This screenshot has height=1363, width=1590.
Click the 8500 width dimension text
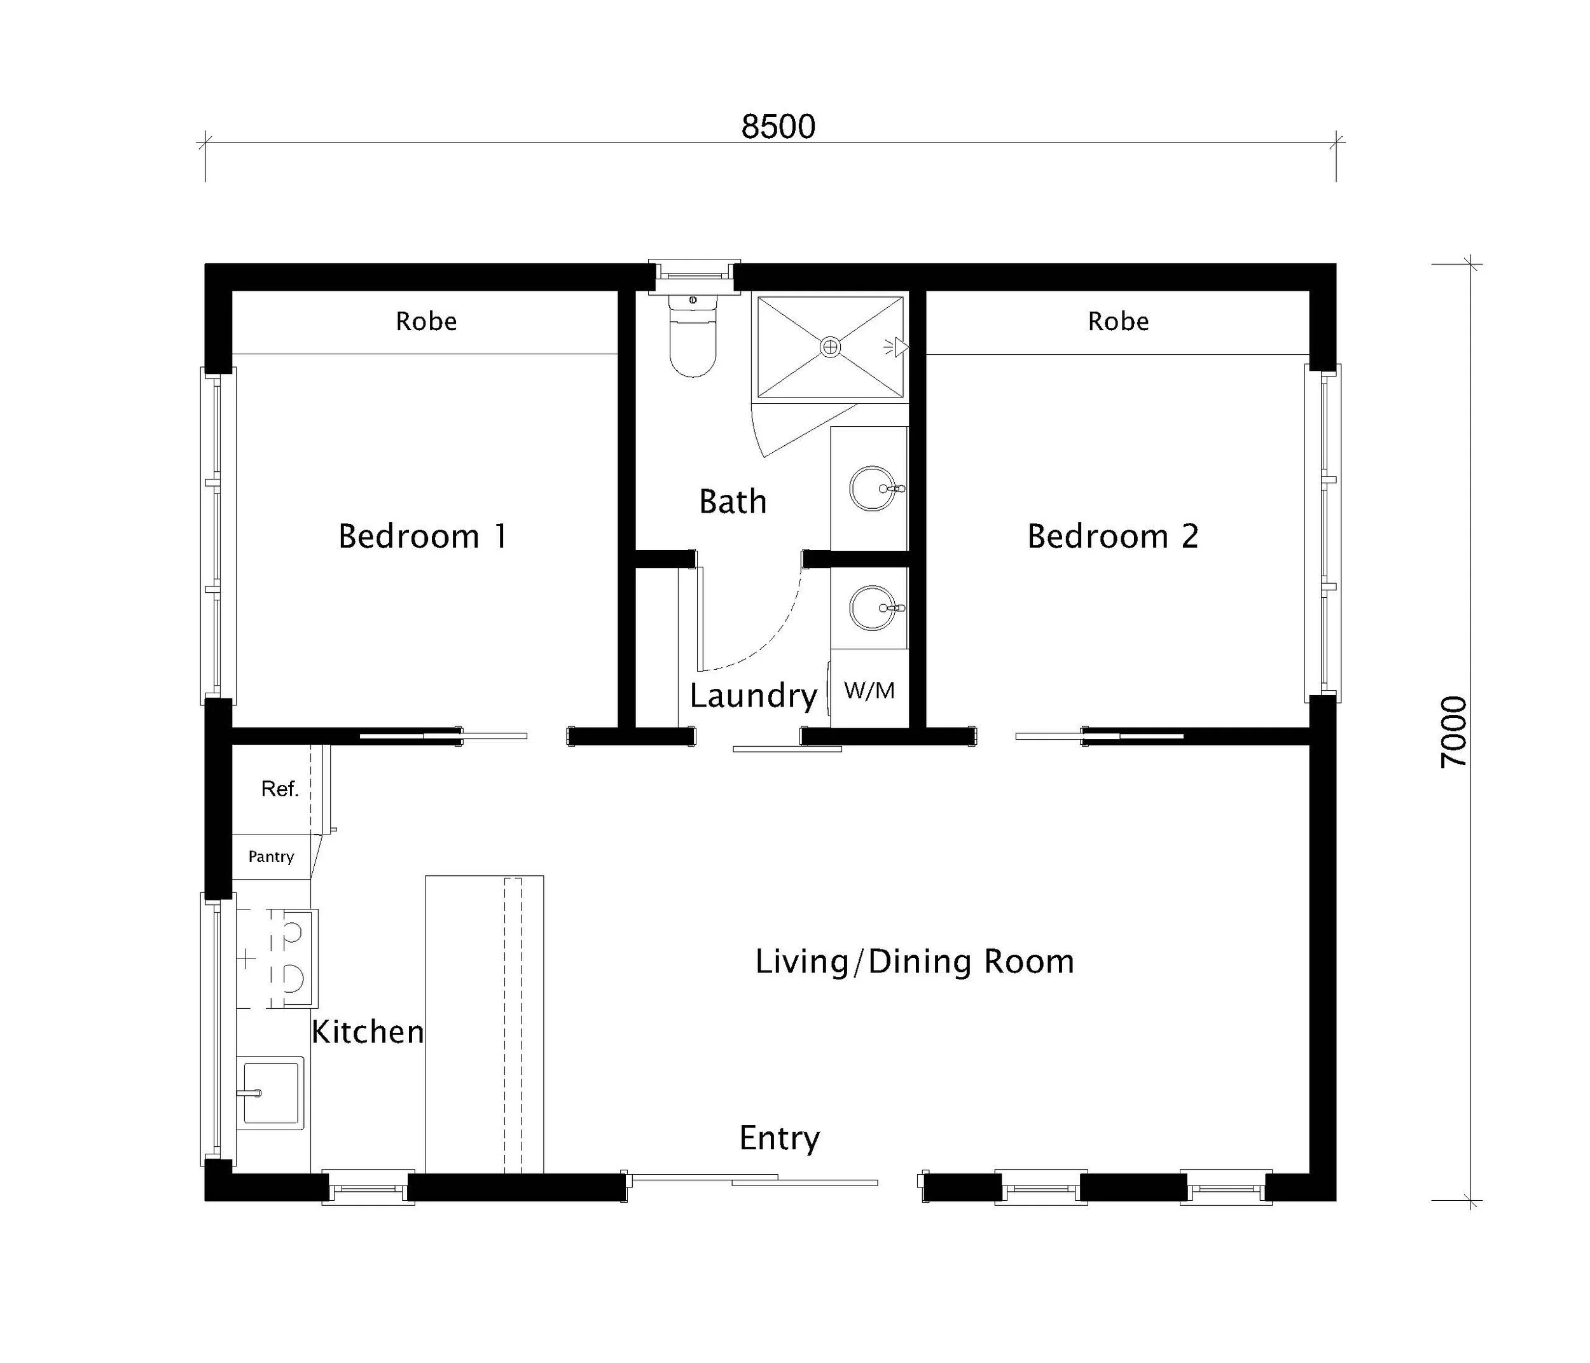[x=777, y=127]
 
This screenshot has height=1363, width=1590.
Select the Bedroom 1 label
[x=423, y=536]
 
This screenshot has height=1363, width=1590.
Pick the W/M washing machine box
[x=869, y=690]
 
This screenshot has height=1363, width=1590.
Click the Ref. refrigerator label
[x=279, y=789]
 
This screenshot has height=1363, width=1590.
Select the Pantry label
[x=271, y=857]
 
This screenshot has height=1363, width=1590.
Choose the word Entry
[x=779, y=1137]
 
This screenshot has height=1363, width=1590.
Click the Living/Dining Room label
[x=914, y=962]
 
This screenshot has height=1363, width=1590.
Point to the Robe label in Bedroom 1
[x=426, y=321]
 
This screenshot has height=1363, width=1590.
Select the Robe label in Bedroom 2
[x=1118, y=321]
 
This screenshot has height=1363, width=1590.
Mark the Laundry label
[x=753, y=695]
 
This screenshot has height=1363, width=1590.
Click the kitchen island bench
[x=484, y=1024]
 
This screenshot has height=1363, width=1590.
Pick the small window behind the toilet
[x=694, y=275]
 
